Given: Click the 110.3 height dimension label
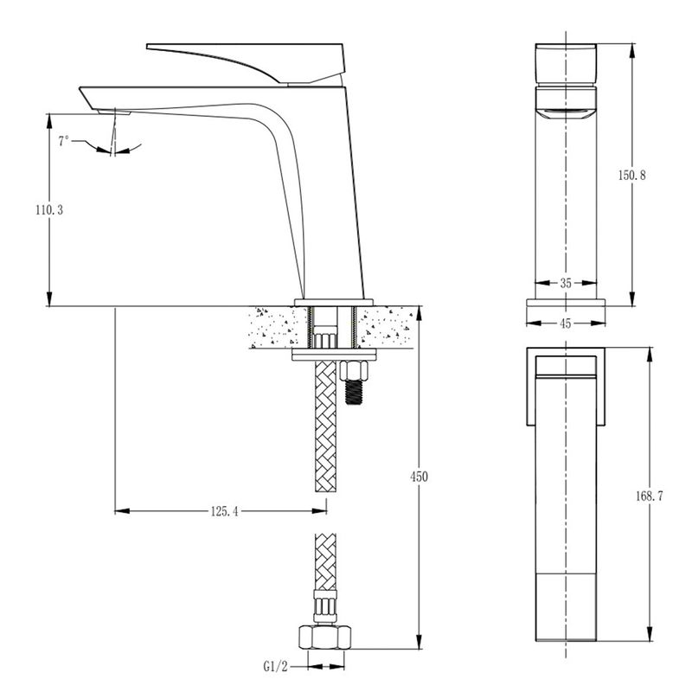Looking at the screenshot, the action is coord(49,210).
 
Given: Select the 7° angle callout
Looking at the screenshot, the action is coord(64,141).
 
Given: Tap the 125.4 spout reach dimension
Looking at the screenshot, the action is coord(224,511).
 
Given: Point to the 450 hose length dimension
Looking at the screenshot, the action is coord(419,477).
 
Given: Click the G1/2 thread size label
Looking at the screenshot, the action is coord(275,666).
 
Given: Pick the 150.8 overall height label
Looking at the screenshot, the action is coord(631,176).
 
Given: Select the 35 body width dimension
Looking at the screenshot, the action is coord(566,284).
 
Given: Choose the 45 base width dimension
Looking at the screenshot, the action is coord(566,324).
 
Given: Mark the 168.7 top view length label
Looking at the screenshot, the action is coord(650,496).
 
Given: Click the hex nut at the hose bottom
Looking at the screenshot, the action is coord(325,637).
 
